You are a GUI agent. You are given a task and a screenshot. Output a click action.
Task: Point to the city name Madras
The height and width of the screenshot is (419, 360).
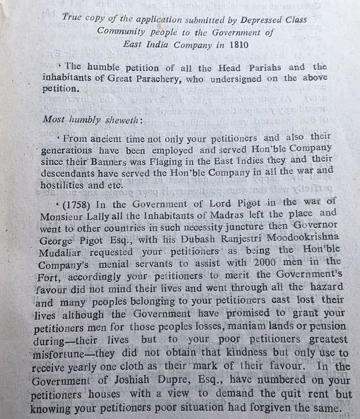pyautogui.click(x=208, y=213)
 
